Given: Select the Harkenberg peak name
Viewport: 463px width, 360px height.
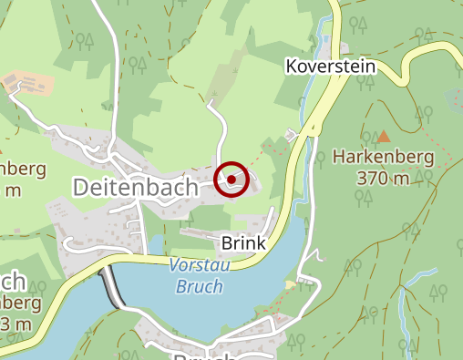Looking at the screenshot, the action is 383,158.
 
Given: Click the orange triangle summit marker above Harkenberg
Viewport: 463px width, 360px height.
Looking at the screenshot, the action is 384,137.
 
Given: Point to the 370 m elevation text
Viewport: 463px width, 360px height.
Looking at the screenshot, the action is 383,179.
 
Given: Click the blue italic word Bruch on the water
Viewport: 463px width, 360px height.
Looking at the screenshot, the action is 196,286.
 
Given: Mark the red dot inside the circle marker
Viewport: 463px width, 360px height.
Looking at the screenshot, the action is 232,180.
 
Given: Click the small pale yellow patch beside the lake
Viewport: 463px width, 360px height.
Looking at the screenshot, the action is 290,285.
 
